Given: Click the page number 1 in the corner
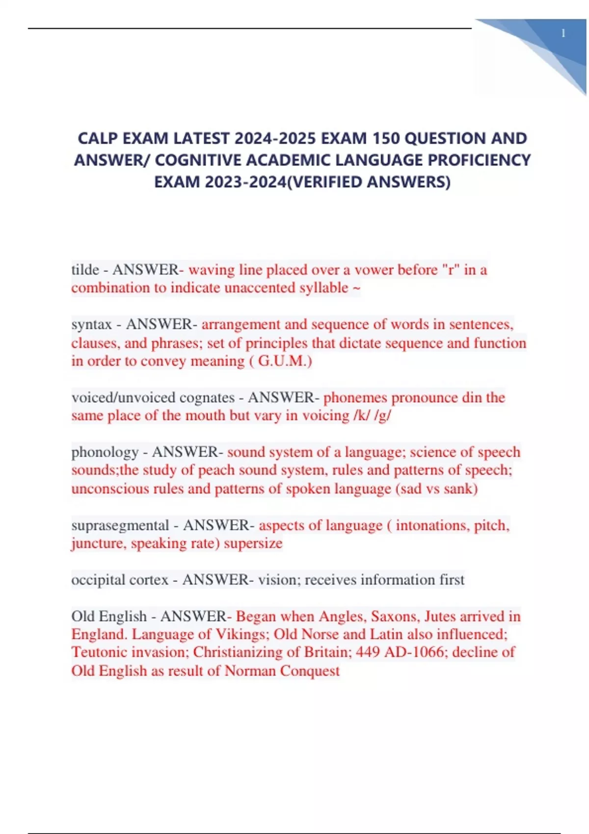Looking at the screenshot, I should point(563,33).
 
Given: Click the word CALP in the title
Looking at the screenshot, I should point(98,138).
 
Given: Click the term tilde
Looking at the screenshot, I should point(85,270).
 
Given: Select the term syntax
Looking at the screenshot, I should point(91,324).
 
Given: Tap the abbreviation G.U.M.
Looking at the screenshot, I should point(285,361).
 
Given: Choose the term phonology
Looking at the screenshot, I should point(105,452).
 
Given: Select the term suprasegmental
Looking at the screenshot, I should point(120,525).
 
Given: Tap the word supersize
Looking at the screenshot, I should point(253,544).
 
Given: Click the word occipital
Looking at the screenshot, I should point(94,580).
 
